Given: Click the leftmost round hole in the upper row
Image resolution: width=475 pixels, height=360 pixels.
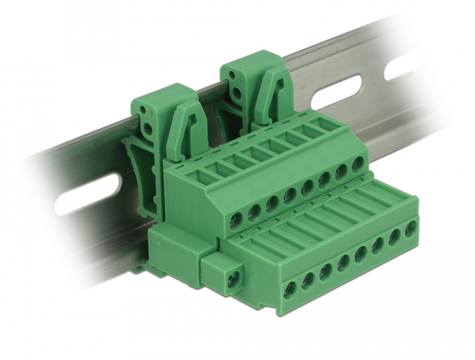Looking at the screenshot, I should (237, 219).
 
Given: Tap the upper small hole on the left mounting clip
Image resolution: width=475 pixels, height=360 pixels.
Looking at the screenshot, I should (142, 109).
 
